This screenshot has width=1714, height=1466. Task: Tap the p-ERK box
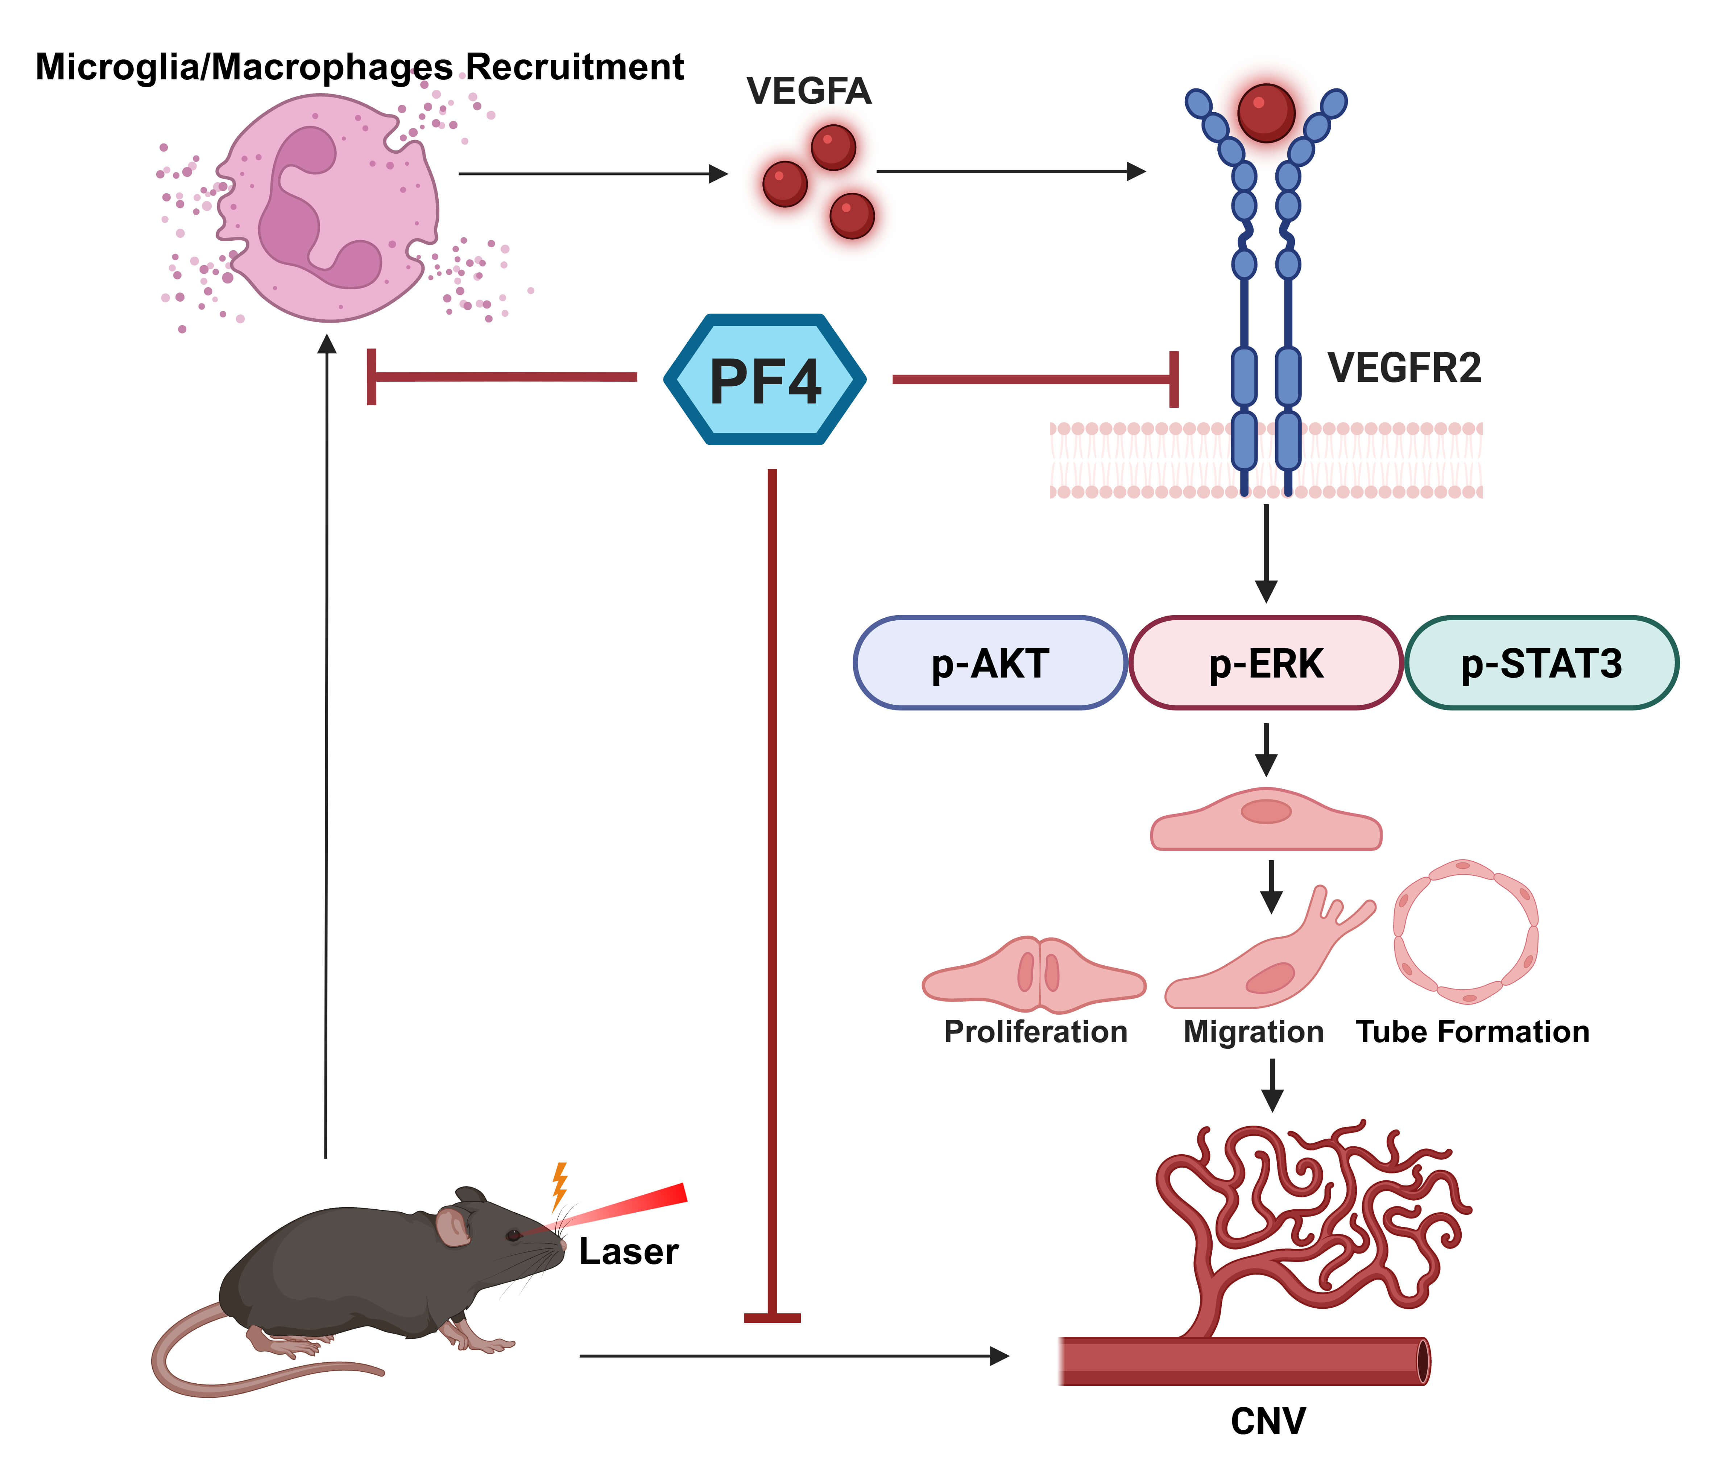point(1266,663)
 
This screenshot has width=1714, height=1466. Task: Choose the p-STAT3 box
point(1541,663)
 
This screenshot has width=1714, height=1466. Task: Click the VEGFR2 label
point(1404,368)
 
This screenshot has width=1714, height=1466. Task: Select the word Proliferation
point(1036,1032)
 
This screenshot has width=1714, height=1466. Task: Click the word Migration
point(1253,1032)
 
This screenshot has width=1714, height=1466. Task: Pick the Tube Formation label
point(1473,1032)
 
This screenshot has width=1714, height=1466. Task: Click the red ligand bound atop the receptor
point(1266,112)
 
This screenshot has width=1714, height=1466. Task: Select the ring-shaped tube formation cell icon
point(1466,931)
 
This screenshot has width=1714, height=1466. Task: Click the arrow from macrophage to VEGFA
point(592,174)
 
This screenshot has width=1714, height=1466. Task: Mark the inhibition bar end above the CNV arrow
point(772,1317)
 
